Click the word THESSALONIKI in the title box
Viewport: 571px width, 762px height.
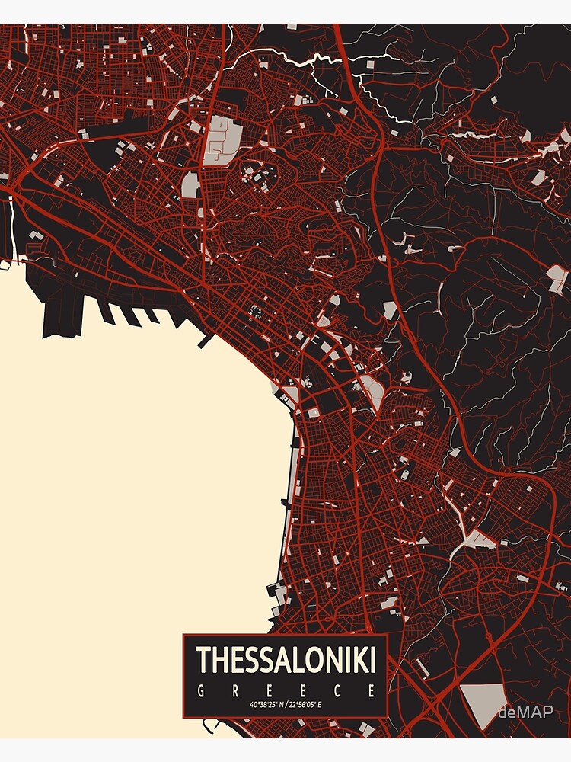click(286, 660)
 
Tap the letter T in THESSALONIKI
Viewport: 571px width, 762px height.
click(203, 660)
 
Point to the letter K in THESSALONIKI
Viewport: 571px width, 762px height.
click(358, 660)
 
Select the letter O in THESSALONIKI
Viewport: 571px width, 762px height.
click(318, 660)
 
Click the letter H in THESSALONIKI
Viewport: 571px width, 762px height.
click(220, 660)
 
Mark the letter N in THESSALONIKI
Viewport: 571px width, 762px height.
click(337, 660)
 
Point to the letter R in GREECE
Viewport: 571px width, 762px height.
click(235, 691)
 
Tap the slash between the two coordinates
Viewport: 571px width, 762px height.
click(286, 705)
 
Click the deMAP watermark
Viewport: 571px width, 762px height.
click(525, 712)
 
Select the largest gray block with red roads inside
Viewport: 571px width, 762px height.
click(224, 139)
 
